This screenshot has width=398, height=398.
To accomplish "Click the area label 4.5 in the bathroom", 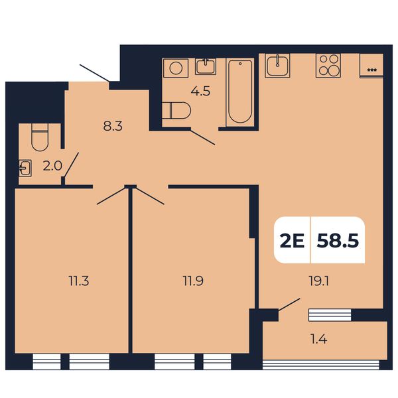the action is (x=200, y=91).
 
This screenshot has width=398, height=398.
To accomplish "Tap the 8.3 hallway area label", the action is (x=113, y=126).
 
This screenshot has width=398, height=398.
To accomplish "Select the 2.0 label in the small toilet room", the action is (x=52, y=166).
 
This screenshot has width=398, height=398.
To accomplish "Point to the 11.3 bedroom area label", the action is (x=79, y=281).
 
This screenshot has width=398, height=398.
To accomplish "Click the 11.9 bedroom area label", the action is (x=193, y=281).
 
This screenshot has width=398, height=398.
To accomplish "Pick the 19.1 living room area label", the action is (x=319, y=281).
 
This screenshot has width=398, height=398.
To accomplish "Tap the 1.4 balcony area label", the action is (x=319, y=339).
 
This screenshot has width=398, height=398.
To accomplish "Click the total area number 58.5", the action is (x=338, y=240).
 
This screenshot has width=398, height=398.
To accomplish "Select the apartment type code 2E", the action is (x=292, y=240).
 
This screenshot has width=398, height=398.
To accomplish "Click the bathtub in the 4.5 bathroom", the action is (x=240, y=92).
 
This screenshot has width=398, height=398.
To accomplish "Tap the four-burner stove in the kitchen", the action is (x=328, y=66).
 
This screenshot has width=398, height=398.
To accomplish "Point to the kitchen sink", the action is (x=277, y=65).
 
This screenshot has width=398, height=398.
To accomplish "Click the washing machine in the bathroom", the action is (x=176, y=68).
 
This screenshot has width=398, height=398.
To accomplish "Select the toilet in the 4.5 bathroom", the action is (x=176, y=110).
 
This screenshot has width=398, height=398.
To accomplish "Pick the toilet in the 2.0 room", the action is (x=40, y=137).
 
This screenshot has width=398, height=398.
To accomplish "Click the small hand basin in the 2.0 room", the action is (x=25, y=168).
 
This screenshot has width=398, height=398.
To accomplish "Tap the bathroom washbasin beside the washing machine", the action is (x=206, y=66).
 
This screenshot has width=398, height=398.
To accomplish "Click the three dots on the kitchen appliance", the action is (x=372, y=70).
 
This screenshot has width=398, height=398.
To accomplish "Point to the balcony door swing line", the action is (x=289, y=304).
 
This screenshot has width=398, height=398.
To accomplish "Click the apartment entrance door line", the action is (x=95, y=73).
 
